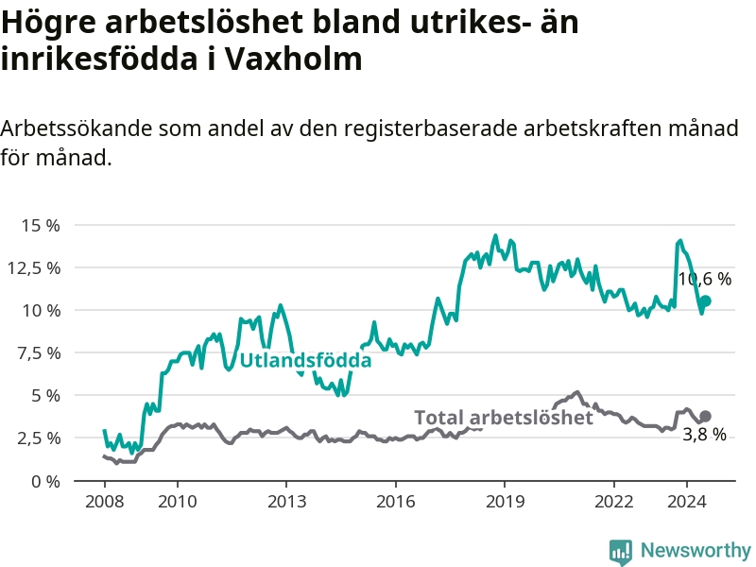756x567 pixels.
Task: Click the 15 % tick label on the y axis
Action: pos(41,225)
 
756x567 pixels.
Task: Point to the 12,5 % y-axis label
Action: pos(34,267)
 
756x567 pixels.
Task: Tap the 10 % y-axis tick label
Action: pos(41,310)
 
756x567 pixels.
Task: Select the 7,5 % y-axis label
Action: pos(38,352)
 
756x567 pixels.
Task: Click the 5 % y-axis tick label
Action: pos(44,395)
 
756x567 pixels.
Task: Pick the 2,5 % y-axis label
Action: pos(38,438)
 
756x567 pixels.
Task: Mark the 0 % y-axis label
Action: pos(44,480)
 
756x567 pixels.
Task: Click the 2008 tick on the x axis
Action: pos(103,501)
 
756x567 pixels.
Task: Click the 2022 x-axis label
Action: pos(614,501)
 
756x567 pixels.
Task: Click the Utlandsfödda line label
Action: pos(305,360)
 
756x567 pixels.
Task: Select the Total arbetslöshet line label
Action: pos(504,418)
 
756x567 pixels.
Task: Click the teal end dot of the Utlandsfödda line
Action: pos(705,301)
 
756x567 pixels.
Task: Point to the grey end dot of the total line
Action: pos(705,417)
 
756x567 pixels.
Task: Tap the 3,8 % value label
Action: pos(705,435)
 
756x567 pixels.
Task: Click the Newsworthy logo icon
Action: pos(620,551)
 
